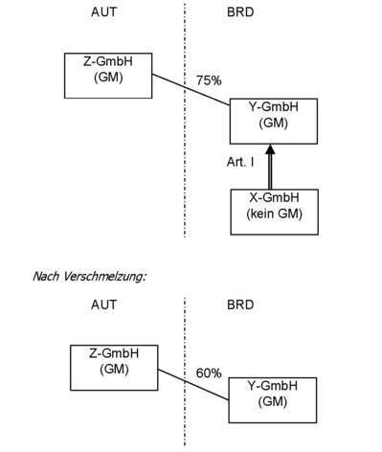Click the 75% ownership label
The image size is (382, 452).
209,81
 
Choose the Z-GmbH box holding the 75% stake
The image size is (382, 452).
108,75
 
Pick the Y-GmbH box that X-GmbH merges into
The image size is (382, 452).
274,119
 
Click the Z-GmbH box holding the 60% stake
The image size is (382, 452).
115,367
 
